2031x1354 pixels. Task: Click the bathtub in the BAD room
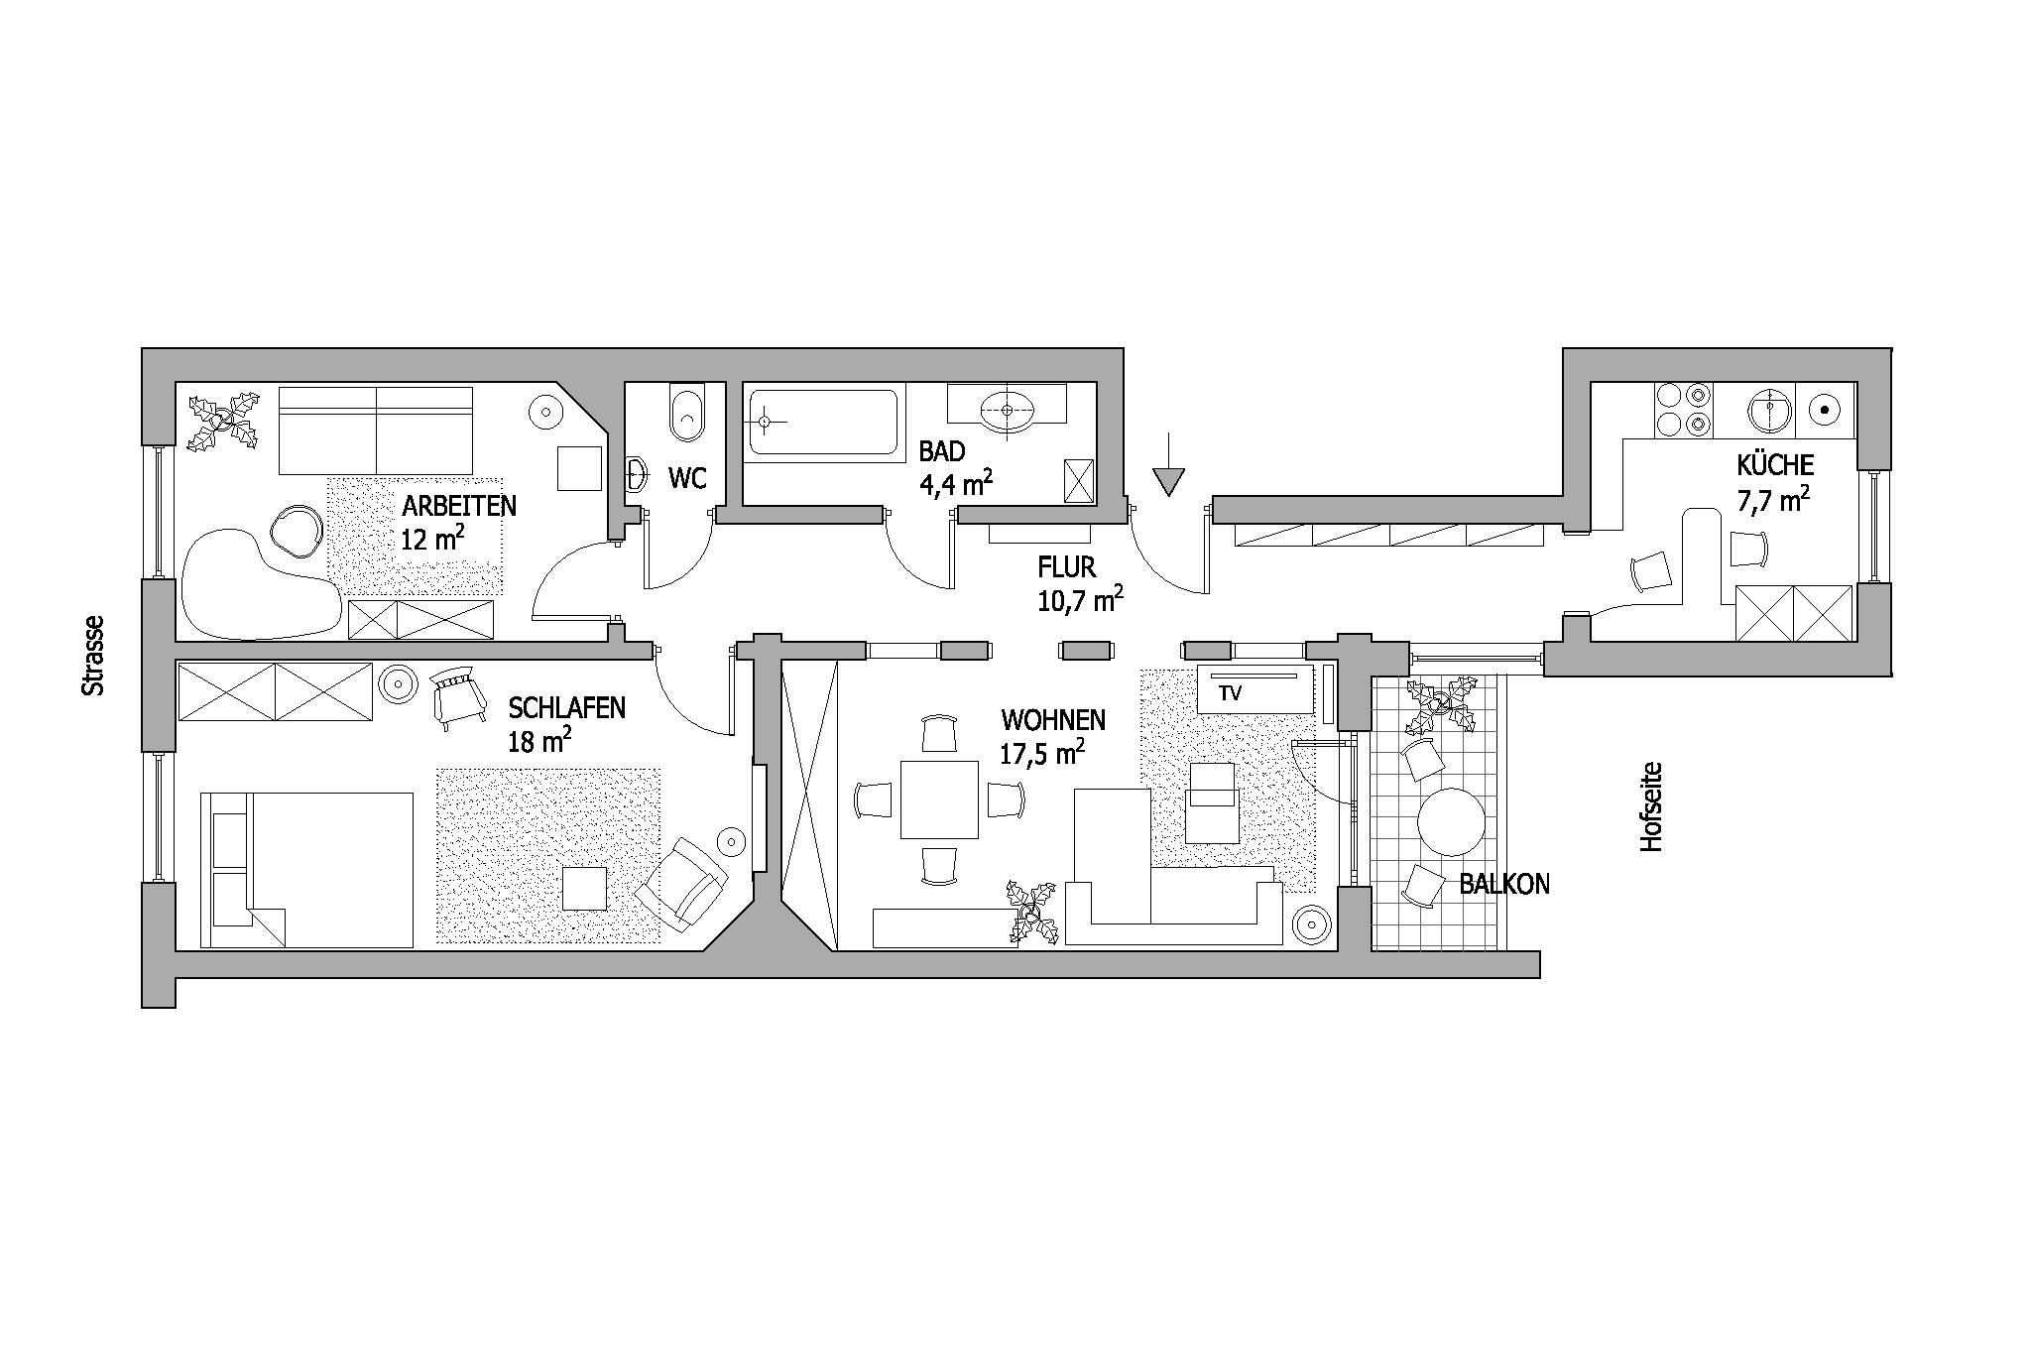coord(823,422)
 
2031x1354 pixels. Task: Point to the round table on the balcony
coord(1451,821)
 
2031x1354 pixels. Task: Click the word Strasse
coord(93,655)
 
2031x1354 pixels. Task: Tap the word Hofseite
coord(1650,806)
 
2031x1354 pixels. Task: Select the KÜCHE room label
coord(1775,464)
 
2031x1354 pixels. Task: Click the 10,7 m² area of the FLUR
coord(1080,598)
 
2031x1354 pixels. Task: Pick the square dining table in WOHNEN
coord(939,800)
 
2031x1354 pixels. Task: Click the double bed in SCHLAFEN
coord(306,869)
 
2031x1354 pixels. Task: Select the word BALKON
coord(1504,885)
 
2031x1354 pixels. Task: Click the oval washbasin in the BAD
coord(1009,410)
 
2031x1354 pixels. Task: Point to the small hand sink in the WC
coord(636,475)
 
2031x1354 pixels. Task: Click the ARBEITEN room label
coord(459,506)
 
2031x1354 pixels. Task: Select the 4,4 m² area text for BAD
coord(956,482)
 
